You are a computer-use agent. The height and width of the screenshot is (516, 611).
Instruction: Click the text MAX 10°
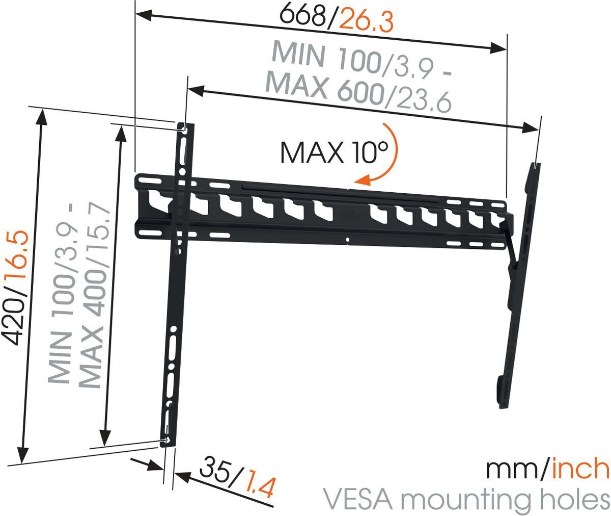tap(334, 152)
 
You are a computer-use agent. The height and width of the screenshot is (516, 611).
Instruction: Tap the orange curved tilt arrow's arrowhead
tap(363, 179)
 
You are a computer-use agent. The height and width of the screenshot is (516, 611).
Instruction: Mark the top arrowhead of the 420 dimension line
tap(42, 115)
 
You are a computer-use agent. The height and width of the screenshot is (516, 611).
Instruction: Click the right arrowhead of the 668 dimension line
tap(498, 48)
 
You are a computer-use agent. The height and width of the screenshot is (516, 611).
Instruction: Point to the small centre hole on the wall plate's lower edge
tap(347, 240)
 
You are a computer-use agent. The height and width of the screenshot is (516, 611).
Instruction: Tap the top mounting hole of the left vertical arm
tap(183, 129)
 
